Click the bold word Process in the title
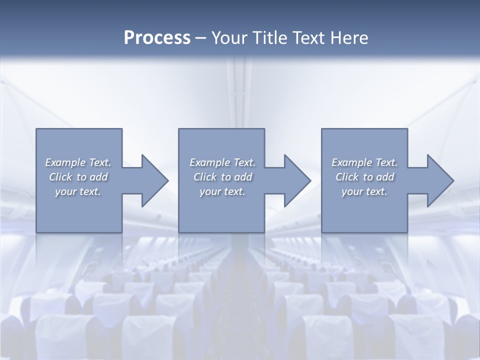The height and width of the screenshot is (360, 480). tap(157, 38)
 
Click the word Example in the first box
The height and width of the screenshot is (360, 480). tap(65, 162)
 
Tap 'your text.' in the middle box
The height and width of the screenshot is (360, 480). tap(222, 191)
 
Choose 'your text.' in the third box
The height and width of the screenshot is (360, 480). tap(364, 191)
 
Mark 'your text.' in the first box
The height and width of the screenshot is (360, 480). tap(77, 191)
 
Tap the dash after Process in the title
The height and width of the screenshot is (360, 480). tap(201, 38)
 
